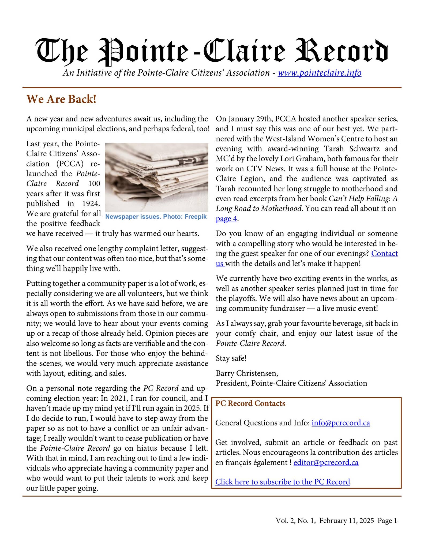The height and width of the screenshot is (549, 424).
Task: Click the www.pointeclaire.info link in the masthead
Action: (319, 73)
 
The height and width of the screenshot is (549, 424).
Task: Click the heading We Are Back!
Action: (61, 99)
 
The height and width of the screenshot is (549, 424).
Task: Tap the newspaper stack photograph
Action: (156, 177)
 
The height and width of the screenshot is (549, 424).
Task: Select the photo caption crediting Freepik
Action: (156, 217)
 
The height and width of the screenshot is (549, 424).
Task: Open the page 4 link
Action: (226, 219)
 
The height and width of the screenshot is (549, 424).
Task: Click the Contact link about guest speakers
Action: (384, 253)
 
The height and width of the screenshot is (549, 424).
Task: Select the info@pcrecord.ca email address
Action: (341, 423)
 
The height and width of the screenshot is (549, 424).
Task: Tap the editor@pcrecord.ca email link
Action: (326, 463)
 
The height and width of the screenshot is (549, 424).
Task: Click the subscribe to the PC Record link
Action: (283, 482)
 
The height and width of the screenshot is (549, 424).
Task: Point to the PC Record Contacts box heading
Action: (250, 403)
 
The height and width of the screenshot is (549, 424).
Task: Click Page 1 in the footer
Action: (387, 521)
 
